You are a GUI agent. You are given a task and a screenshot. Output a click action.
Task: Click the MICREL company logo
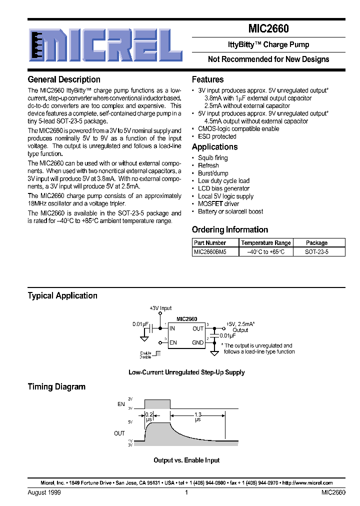pos(105,45)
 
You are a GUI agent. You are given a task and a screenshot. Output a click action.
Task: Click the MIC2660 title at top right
pos(268,29)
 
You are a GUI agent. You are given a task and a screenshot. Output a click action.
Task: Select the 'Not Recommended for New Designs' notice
pos(268,59)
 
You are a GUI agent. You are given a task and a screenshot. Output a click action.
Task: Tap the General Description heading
pos(64,79)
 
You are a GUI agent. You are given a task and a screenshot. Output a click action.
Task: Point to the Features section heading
pos(207,79)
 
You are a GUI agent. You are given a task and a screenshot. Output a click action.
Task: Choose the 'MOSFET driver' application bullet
pos(218,204)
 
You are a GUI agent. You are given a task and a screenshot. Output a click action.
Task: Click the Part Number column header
pos(210,243)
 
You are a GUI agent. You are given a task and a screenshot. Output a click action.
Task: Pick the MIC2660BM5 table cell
pos(210,252)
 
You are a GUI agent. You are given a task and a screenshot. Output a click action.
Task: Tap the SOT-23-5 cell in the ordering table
pos(316,252)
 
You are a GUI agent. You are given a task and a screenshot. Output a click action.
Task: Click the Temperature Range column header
pos(266,243)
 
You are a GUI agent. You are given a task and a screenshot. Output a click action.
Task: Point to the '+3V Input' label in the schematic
pos(160,308)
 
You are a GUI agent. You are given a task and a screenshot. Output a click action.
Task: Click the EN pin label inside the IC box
pos(173,342)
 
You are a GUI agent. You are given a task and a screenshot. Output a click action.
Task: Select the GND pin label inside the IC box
pos(198,342)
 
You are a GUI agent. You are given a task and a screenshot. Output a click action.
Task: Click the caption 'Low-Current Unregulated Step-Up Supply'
pos(186,372)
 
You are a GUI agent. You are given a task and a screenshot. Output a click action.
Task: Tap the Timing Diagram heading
pos(56,386)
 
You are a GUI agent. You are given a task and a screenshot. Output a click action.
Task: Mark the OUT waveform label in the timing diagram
pos(119,433)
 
